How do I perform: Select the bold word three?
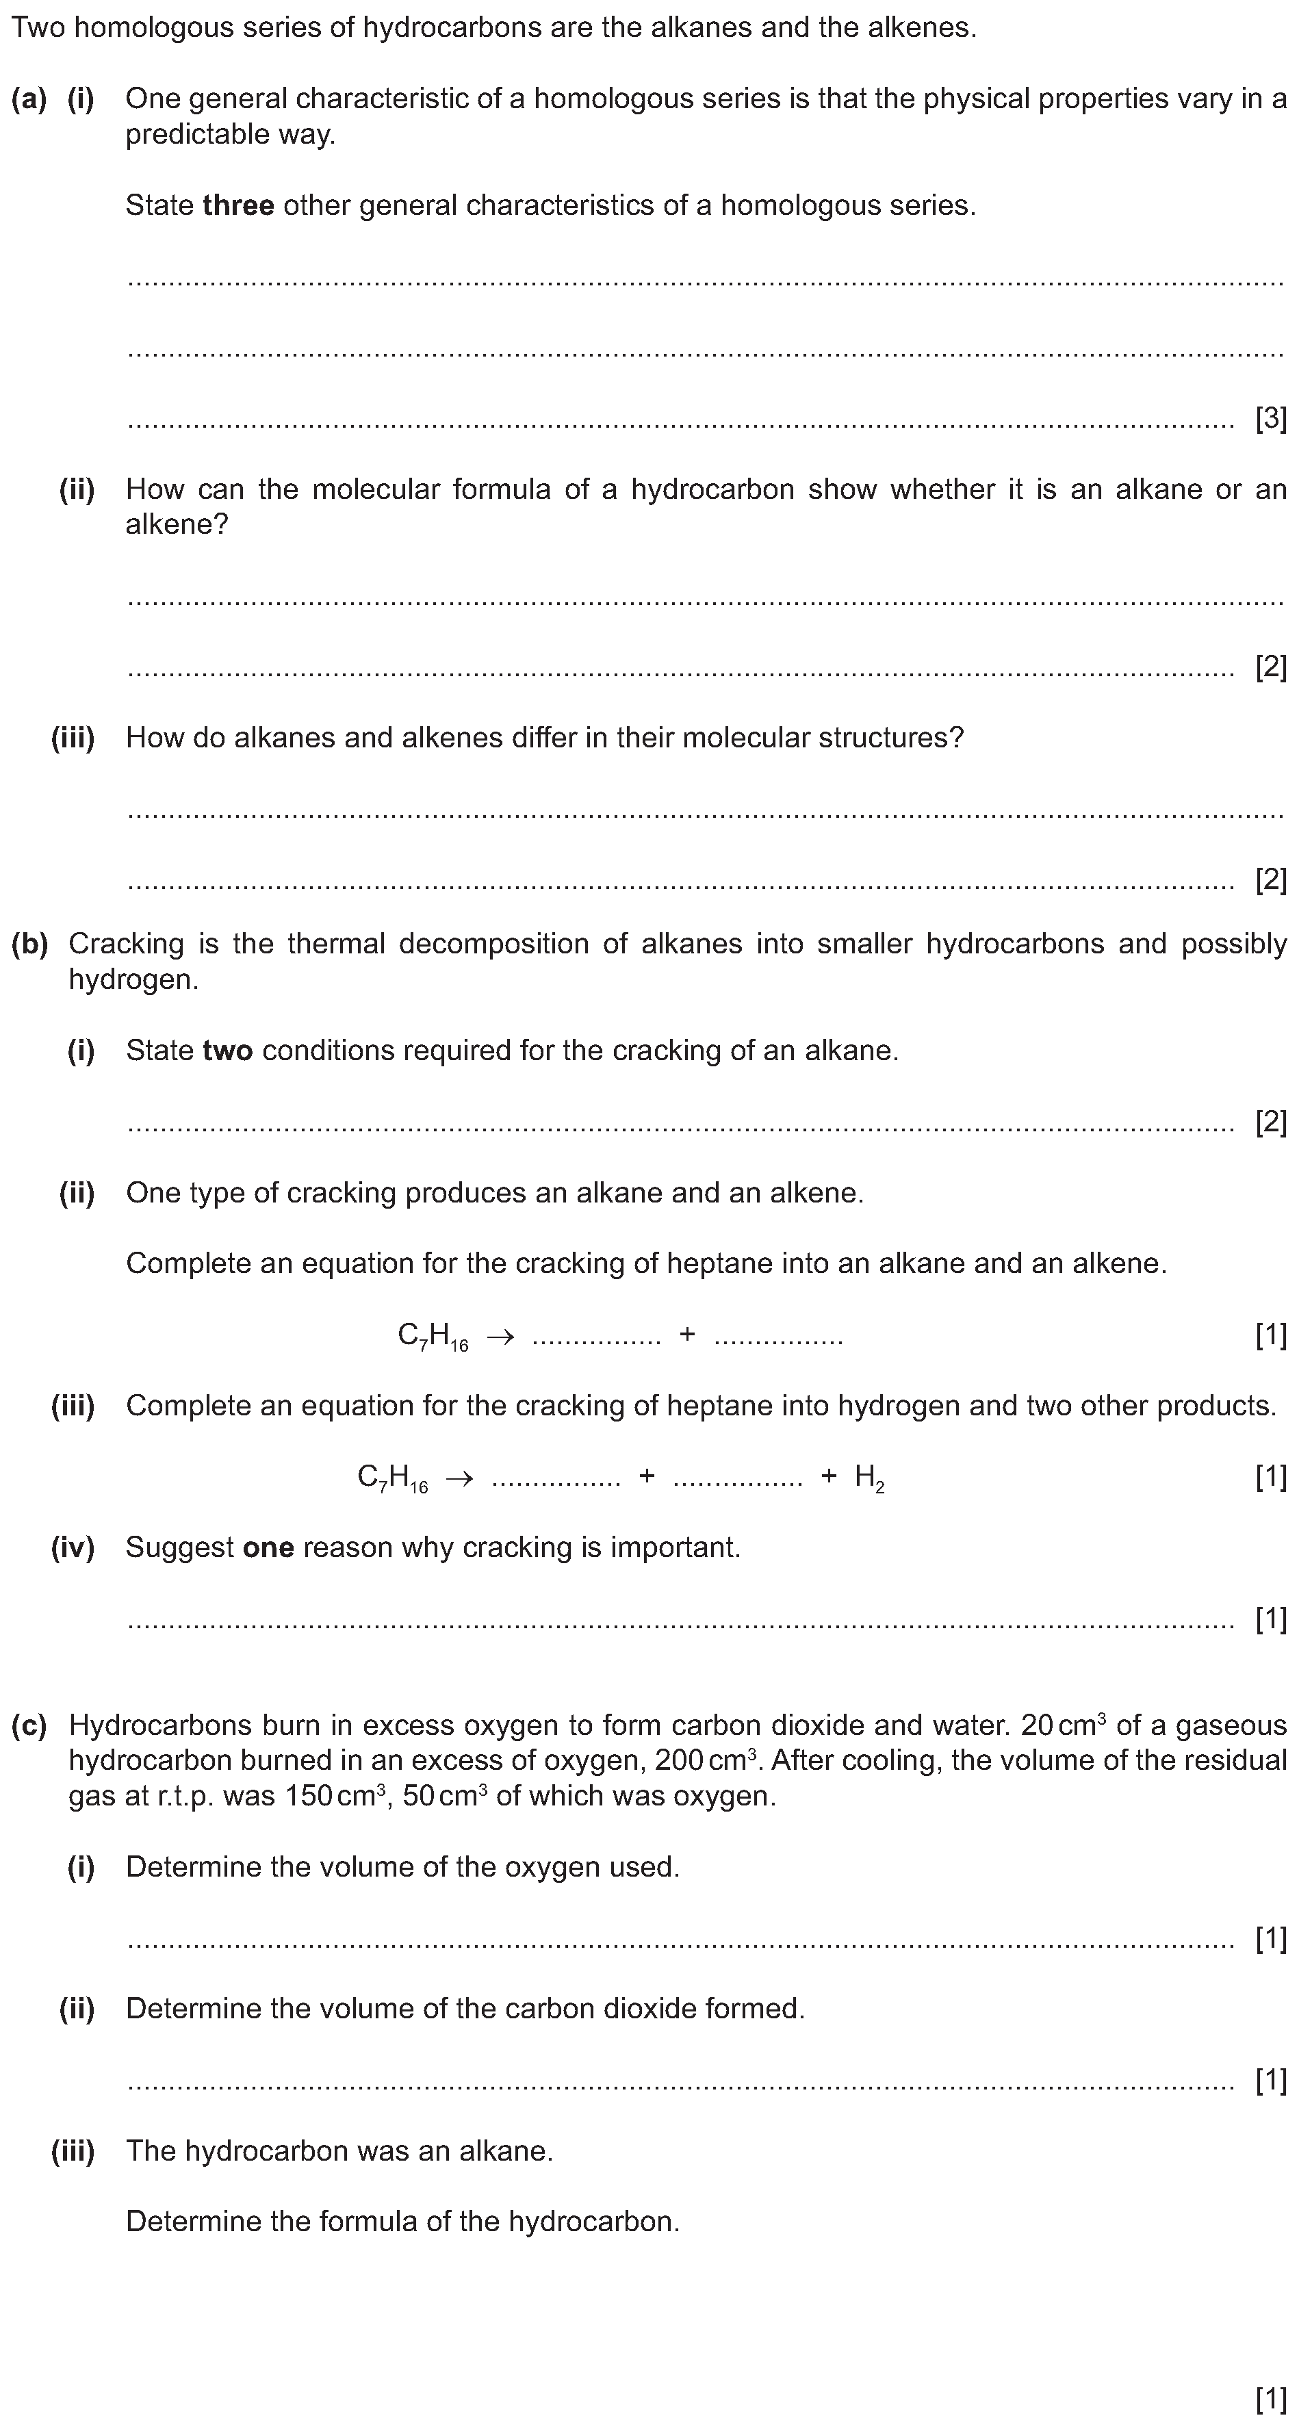(x=238, y=205)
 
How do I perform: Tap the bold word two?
(x=227, y=1051)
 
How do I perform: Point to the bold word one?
(x=268, y=1547)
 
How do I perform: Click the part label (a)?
(x=28, y=98)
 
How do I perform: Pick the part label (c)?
(x=28, y=1725)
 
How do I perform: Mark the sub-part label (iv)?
(x=73, y=1547)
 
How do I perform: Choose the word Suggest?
(x=179, y=1547)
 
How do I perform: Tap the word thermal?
(x=336, y=944)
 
